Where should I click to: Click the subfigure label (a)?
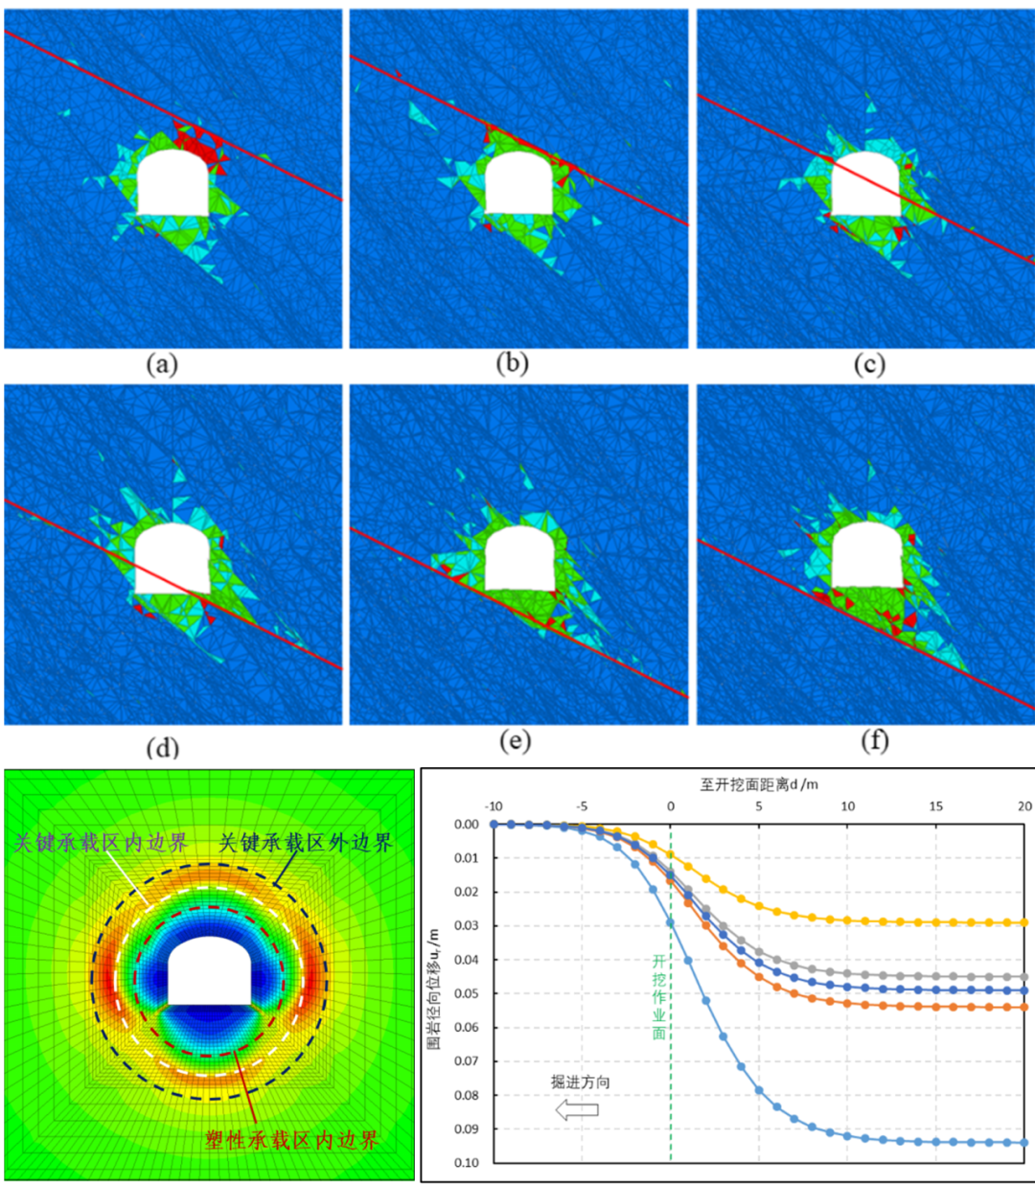tap(162, 364)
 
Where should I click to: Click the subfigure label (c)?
tap(868, 364)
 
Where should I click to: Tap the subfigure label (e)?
tap(516, 741)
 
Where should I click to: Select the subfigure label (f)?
tap(874, 741)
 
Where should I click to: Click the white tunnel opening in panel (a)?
tap(172, 183)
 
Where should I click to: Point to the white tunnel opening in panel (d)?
tap(172, 559)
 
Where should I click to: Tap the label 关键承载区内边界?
tap(101, 844)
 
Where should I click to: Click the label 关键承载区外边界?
tap(306, 844)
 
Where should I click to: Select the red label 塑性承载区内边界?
tap(292, 1140)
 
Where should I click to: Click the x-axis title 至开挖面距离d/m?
tap(759, 784)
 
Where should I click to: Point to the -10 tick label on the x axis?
tap(494, 806)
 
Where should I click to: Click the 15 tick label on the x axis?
tap(935, 806)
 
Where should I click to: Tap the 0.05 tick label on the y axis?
tap(466, 993)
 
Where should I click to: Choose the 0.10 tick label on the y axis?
tap(466, 1163)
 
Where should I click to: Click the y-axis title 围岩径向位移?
tap(434, 988)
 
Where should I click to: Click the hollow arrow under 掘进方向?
tap(577, 1110)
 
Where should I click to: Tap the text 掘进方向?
tap(580, 1082)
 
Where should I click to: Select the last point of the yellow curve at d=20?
tap(1023, 922)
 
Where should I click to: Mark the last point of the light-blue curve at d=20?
tap(1023, 1142)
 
